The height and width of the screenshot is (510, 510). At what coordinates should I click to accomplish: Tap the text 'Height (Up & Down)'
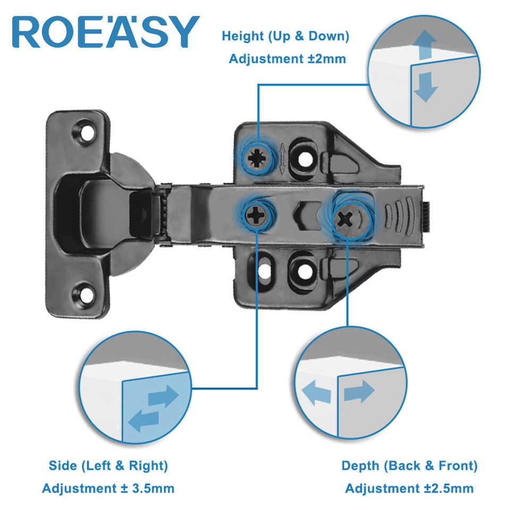point(285,37)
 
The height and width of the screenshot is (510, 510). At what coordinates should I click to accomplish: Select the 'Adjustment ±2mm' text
point(287,58)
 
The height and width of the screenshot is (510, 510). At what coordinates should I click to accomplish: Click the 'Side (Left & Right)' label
point(108,466)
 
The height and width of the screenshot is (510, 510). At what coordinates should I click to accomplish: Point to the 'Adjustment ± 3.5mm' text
point(108,488)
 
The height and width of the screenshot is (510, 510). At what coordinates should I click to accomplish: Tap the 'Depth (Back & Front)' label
point(409,466)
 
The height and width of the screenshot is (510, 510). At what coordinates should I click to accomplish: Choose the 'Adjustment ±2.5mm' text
point(409,488)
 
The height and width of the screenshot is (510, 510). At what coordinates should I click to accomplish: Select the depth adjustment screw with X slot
point(347,217)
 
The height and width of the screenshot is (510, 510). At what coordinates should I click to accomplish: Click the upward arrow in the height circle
point(424,45)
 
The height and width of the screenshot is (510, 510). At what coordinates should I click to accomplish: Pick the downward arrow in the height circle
point(424,88)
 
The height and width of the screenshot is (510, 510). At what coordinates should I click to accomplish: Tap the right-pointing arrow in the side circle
point(163,396)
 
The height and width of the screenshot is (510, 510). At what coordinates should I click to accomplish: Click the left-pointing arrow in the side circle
point(143,419)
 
